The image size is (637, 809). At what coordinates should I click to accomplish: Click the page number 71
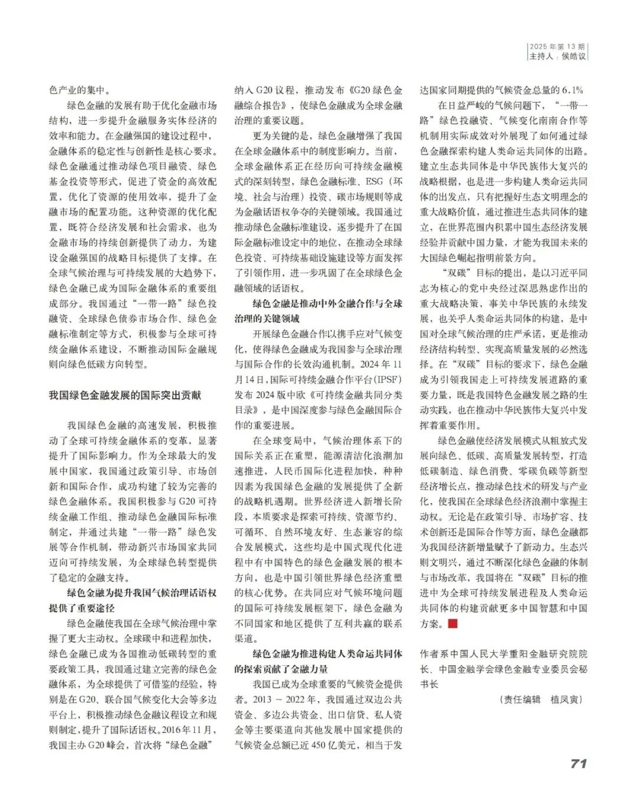pyautogui.click(x=579, y=762)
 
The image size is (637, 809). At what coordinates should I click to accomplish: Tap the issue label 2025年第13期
pyautogui.click(x=557, y=47)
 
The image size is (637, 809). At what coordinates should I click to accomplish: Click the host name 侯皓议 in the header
pyautogui.click(x=574, y=57)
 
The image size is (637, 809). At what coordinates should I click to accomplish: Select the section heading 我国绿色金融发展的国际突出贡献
pyautogui.click(x=125, y=395)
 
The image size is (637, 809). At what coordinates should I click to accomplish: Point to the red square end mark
pyautogui.click(x=453, y=623)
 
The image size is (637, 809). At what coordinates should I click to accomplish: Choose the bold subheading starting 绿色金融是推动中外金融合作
pyautogui.click(x=327, y=303)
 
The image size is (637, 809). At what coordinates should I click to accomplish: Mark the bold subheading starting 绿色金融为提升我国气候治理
pyautogui.click(x=142, y=593)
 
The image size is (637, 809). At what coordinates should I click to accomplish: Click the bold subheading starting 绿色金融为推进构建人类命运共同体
pyautogui.click(x=327, y=654)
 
